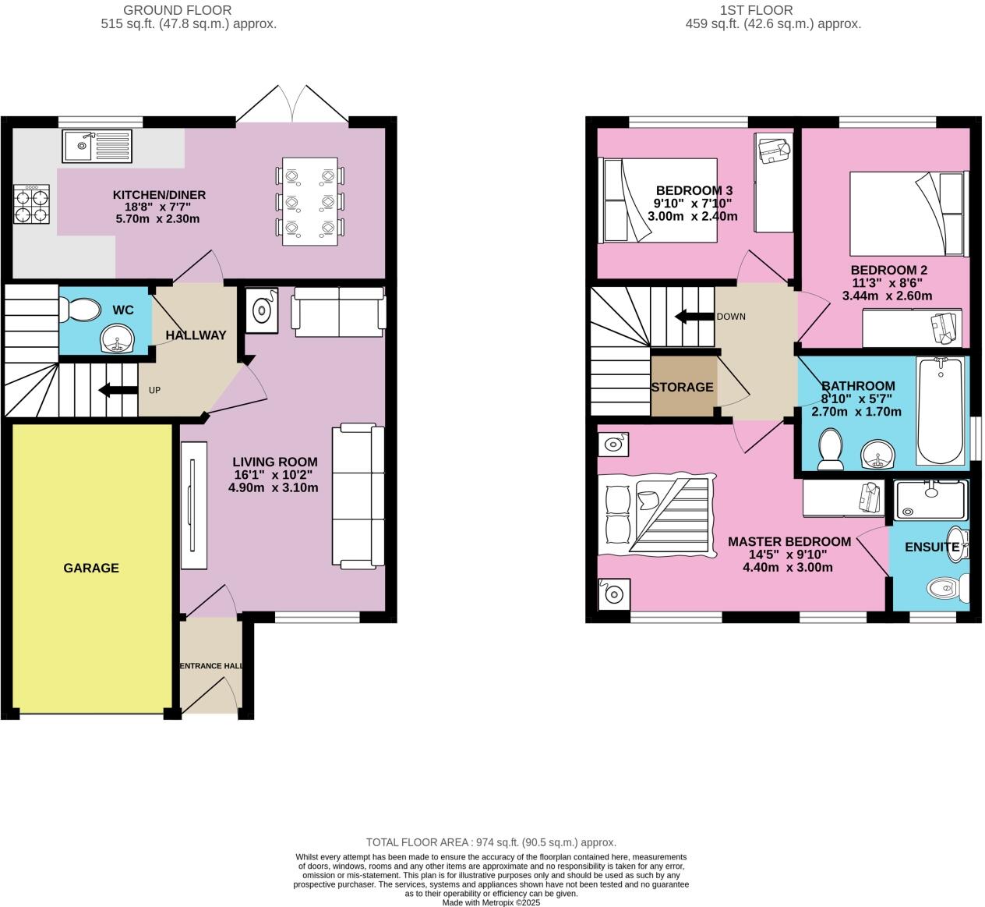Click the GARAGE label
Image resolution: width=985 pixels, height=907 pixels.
(91, 568)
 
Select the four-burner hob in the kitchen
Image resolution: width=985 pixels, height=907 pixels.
(31, 205)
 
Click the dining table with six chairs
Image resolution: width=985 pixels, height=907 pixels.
(310, 201)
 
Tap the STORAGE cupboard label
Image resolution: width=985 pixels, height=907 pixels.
(682, 387)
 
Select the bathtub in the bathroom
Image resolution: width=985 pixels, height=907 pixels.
(941, 410)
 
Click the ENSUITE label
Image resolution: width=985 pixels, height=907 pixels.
(931, 547)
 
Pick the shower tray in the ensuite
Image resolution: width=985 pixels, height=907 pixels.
(930, 500)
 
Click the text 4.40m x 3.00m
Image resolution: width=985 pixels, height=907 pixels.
(788, 567)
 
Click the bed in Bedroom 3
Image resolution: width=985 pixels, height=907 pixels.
(658, 200)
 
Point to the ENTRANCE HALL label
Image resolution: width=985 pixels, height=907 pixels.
(211, 666)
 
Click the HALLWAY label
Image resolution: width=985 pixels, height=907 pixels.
(196, 335)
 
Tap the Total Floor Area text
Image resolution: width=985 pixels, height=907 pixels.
(491, 842)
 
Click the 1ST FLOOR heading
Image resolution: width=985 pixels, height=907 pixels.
(756, 10)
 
